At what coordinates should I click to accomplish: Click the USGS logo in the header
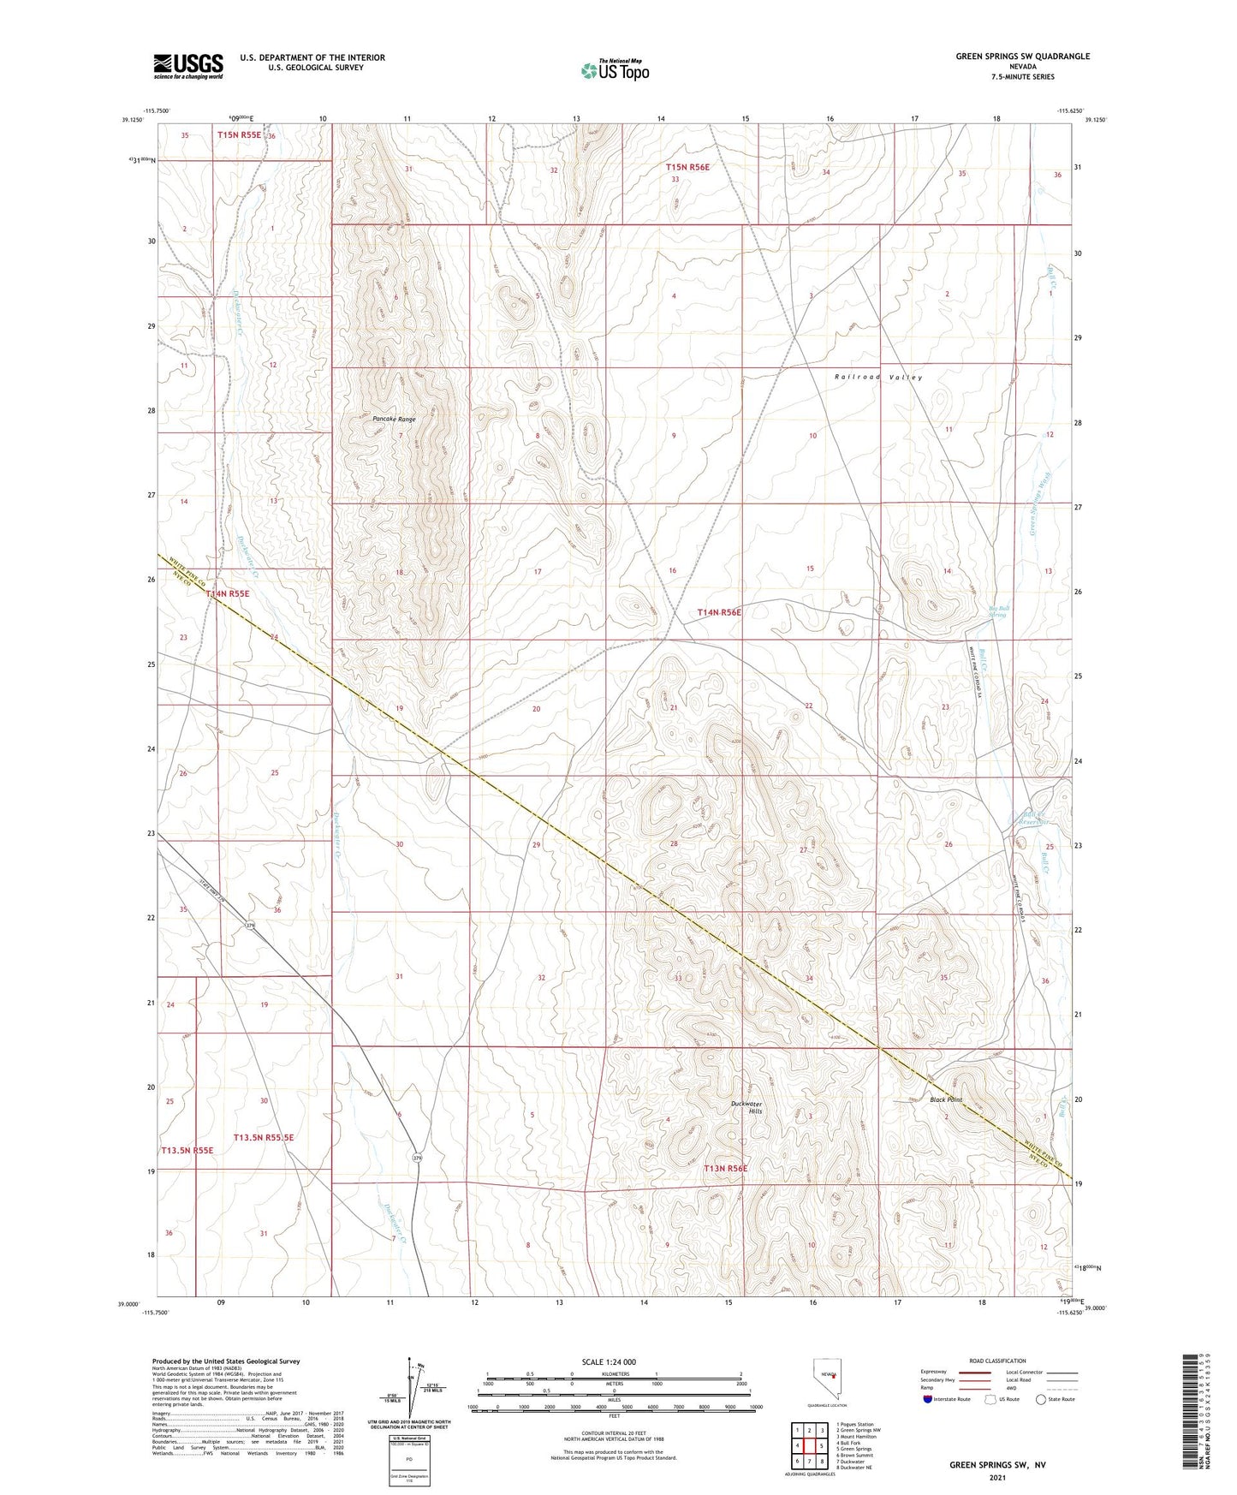pos(188,66)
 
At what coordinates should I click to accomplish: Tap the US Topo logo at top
pos(614,70)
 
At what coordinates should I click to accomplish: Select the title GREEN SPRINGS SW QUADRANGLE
pos(1023,57)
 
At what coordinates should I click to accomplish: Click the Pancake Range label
pos(394,420)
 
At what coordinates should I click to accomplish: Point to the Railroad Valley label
pos(878,377)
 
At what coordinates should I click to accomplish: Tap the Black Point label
pos(946,1099)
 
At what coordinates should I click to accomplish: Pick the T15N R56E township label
pos(687,168)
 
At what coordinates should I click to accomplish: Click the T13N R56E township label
pos(725,1168)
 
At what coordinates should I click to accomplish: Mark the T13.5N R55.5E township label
pos(264,1137)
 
